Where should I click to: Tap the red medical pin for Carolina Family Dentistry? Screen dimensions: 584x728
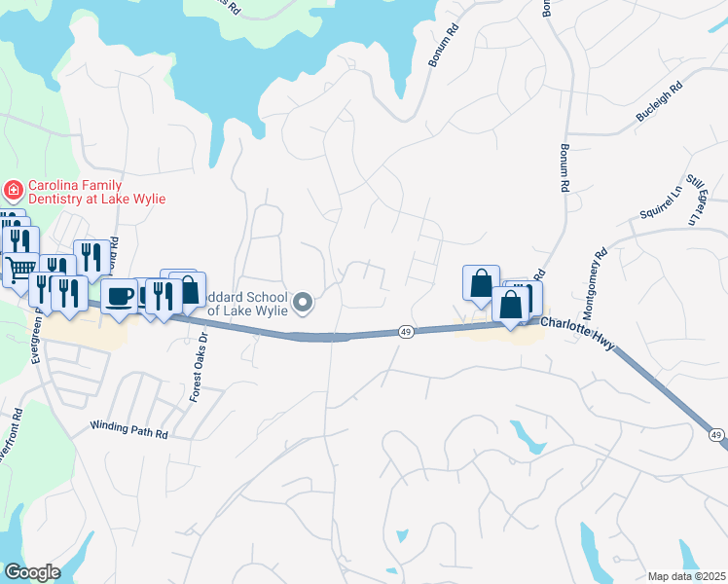pyautogui.click(x=14, y=188)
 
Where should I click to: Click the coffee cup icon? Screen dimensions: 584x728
pyautogui.click(x=120, y=295)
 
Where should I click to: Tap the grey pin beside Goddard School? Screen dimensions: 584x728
pyautogui.click(x=304, y=303)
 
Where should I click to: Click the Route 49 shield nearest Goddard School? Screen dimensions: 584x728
pyautogui.click(x=406, y=332)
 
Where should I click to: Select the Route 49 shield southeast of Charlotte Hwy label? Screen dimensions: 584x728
pyautogui.click(x=715, y=434)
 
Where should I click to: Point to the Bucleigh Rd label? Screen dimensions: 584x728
pyautogui.click(x=660, y=101)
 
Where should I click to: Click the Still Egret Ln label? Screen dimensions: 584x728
pyautogui.click(x=693, y=201)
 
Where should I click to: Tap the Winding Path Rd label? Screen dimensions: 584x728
pyautogui.click(x=128, y=426)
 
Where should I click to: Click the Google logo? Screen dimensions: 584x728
pyautogui.click(x=31, y=572)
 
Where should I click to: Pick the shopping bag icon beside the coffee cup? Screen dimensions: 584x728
pyautogui.click(x=187, y=289)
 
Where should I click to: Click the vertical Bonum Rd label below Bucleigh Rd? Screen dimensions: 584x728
pyautogui.click(x=564, y=166)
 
